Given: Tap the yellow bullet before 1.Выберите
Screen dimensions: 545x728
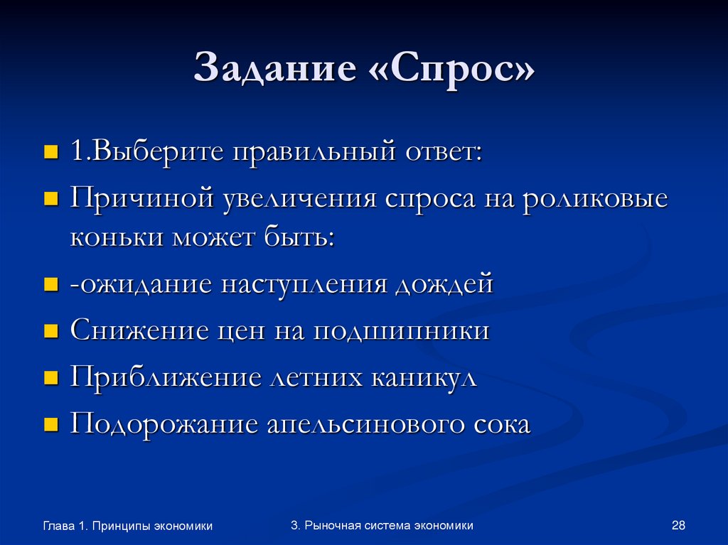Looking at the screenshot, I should point(50,153).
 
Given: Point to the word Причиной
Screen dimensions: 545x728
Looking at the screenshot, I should point(142,198).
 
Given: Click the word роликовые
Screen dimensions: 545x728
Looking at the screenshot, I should point(595,198).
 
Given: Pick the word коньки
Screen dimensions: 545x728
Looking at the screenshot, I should point(115,237).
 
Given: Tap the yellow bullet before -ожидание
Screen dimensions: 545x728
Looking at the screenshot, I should point(50,285).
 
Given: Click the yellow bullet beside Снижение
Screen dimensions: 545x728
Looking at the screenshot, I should point(50,332).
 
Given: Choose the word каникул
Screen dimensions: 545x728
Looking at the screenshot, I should point(422,377).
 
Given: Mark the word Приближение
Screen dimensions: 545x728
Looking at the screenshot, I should point(166,377).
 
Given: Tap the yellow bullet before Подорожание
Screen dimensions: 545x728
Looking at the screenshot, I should point(50,425).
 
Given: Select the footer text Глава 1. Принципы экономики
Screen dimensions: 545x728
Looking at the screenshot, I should point(128,527).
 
